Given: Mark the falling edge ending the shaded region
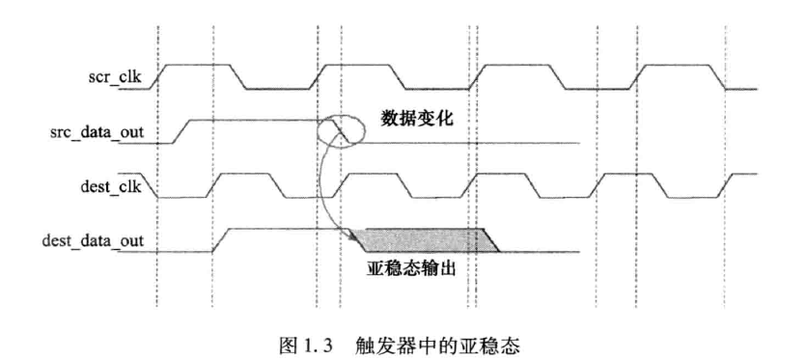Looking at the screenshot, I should point(490,241).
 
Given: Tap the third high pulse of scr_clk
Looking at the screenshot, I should point(520,67).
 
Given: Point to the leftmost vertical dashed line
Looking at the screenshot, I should point(157,174).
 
